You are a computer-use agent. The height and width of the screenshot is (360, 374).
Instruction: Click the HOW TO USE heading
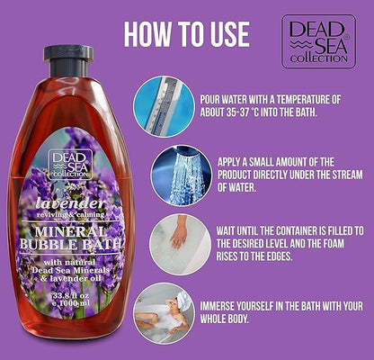pos(186,32)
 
